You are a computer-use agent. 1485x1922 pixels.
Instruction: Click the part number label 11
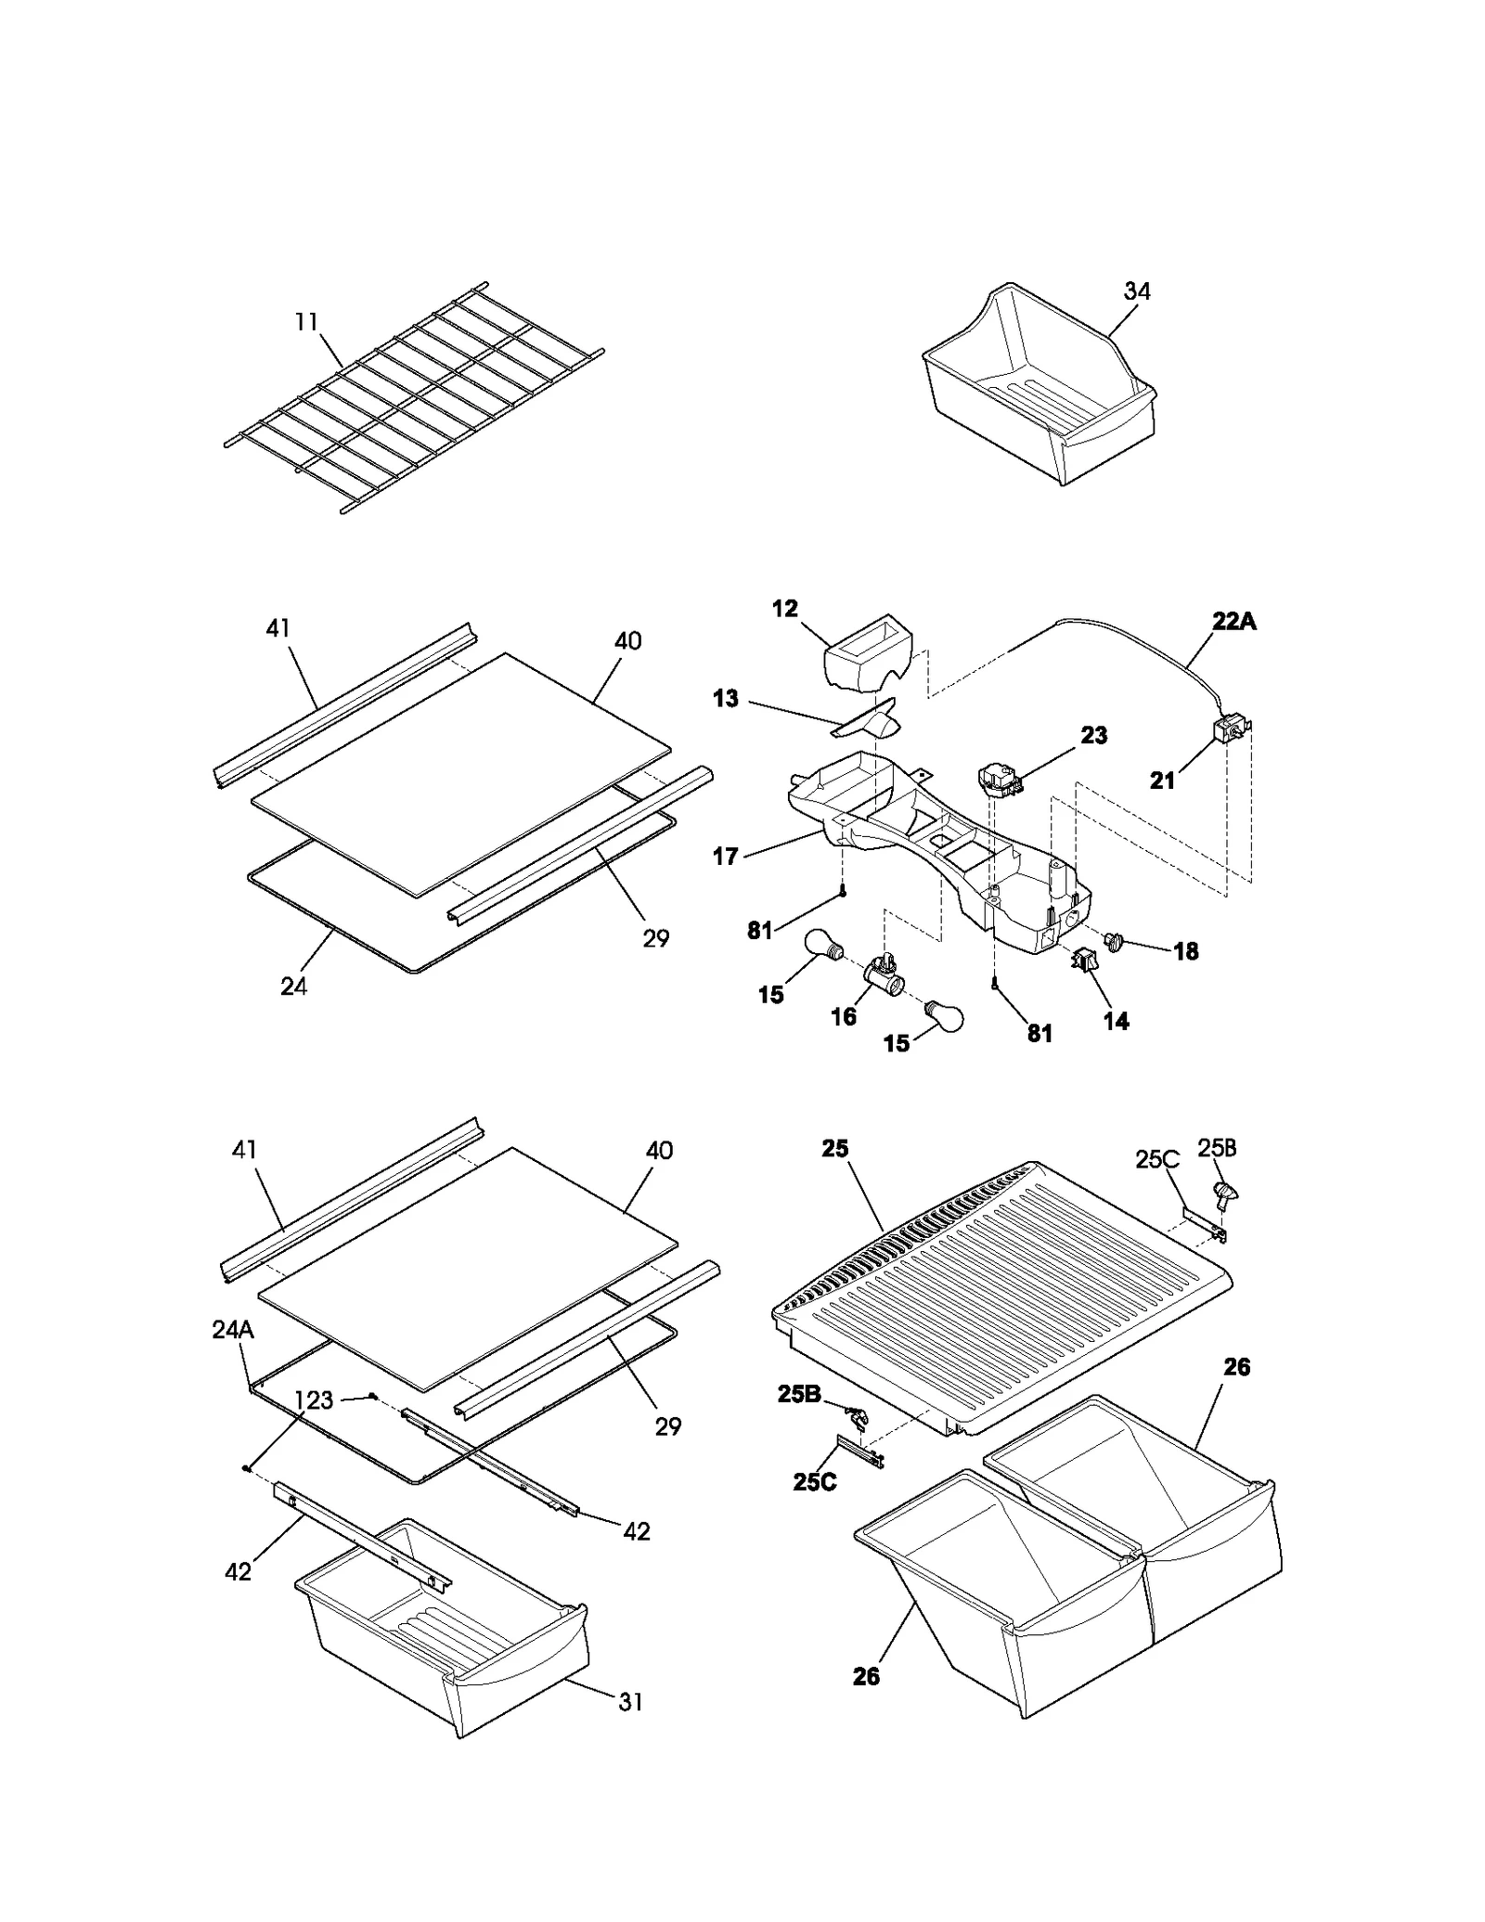pyautogui.click(x=306, y=323)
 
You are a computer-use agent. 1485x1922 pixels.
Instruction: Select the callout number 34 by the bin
pyautogui.click(x=1137, y=291)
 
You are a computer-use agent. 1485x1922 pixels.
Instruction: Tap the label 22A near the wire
pyautogui.click(x=1233, y=621)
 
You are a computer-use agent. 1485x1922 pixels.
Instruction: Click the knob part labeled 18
pyautogui.click(x=1114, y=941)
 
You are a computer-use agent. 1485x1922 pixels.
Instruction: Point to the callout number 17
pyautogui.click(x=726, y=856)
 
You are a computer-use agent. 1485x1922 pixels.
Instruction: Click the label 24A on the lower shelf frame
pyautogui.click(x=232, y=1330)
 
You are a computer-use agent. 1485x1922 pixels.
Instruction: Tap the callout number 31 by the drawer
pyautogui.click(x=630, y=1701)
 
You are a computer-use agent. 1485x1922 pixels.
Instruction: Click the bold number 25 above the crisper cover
pyautogui.click(x=835, y=1149)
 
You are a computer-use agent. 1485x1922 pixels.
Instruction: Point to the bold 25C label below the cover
pyautogui.click(x=814, y=1482)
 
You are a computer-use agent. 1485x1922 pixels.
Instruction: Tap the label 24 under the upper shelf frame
pyautogui.click(x=293, y=986)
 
